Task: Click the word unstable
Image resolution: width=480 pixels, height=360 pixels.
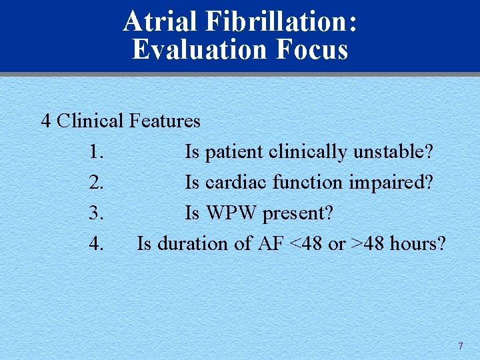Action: (393, 152)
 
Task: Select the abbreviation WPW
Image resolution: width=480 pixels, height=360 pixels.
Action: (231, 213)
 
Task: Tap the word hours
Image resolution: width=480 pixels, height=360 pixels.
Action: (418, 244)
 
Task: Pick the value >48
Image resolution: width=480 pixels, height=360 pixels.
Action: (367, 244)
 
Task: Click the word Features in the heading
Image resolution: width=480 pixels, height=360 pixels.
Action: (165, 121)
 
